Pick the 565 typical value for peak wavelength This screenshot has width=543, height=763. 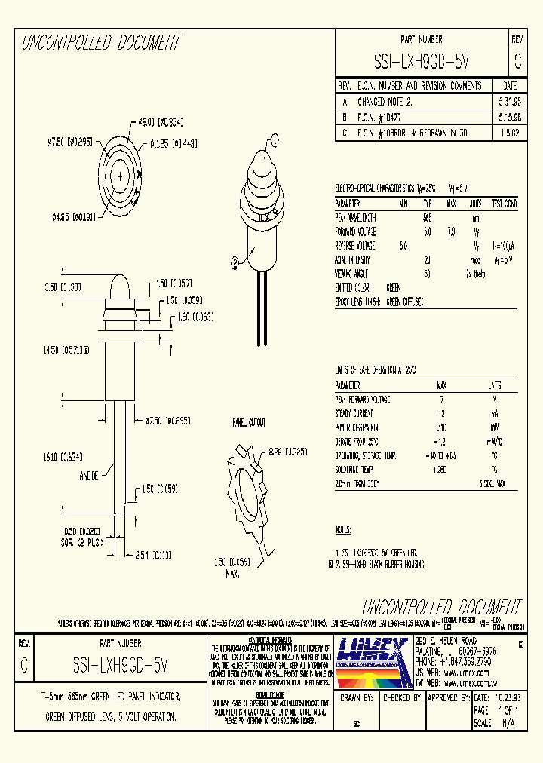click(x=428, y=218)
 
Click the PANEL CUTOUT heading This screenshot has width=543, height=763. click(x=248, y=423)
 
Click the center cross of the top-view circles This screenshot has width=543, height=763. click(x=119, y=176)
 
